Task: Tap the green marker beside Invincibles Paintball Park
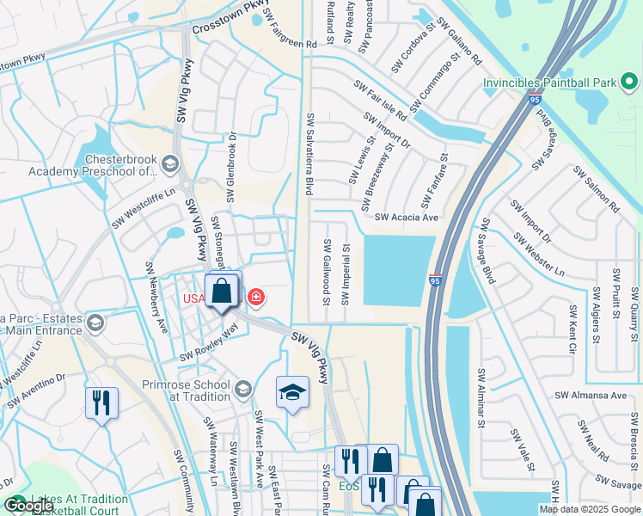629,83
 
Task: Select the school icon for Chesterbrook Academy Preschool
170,163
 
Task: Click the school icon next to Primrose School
243,390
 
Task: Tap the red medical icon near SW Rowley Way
255,298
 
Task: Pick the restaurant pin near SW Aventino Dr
101,402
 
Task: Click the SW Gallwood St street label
327,272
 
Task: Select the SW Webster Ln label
539,254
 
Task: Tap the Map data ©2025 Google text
590,509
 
